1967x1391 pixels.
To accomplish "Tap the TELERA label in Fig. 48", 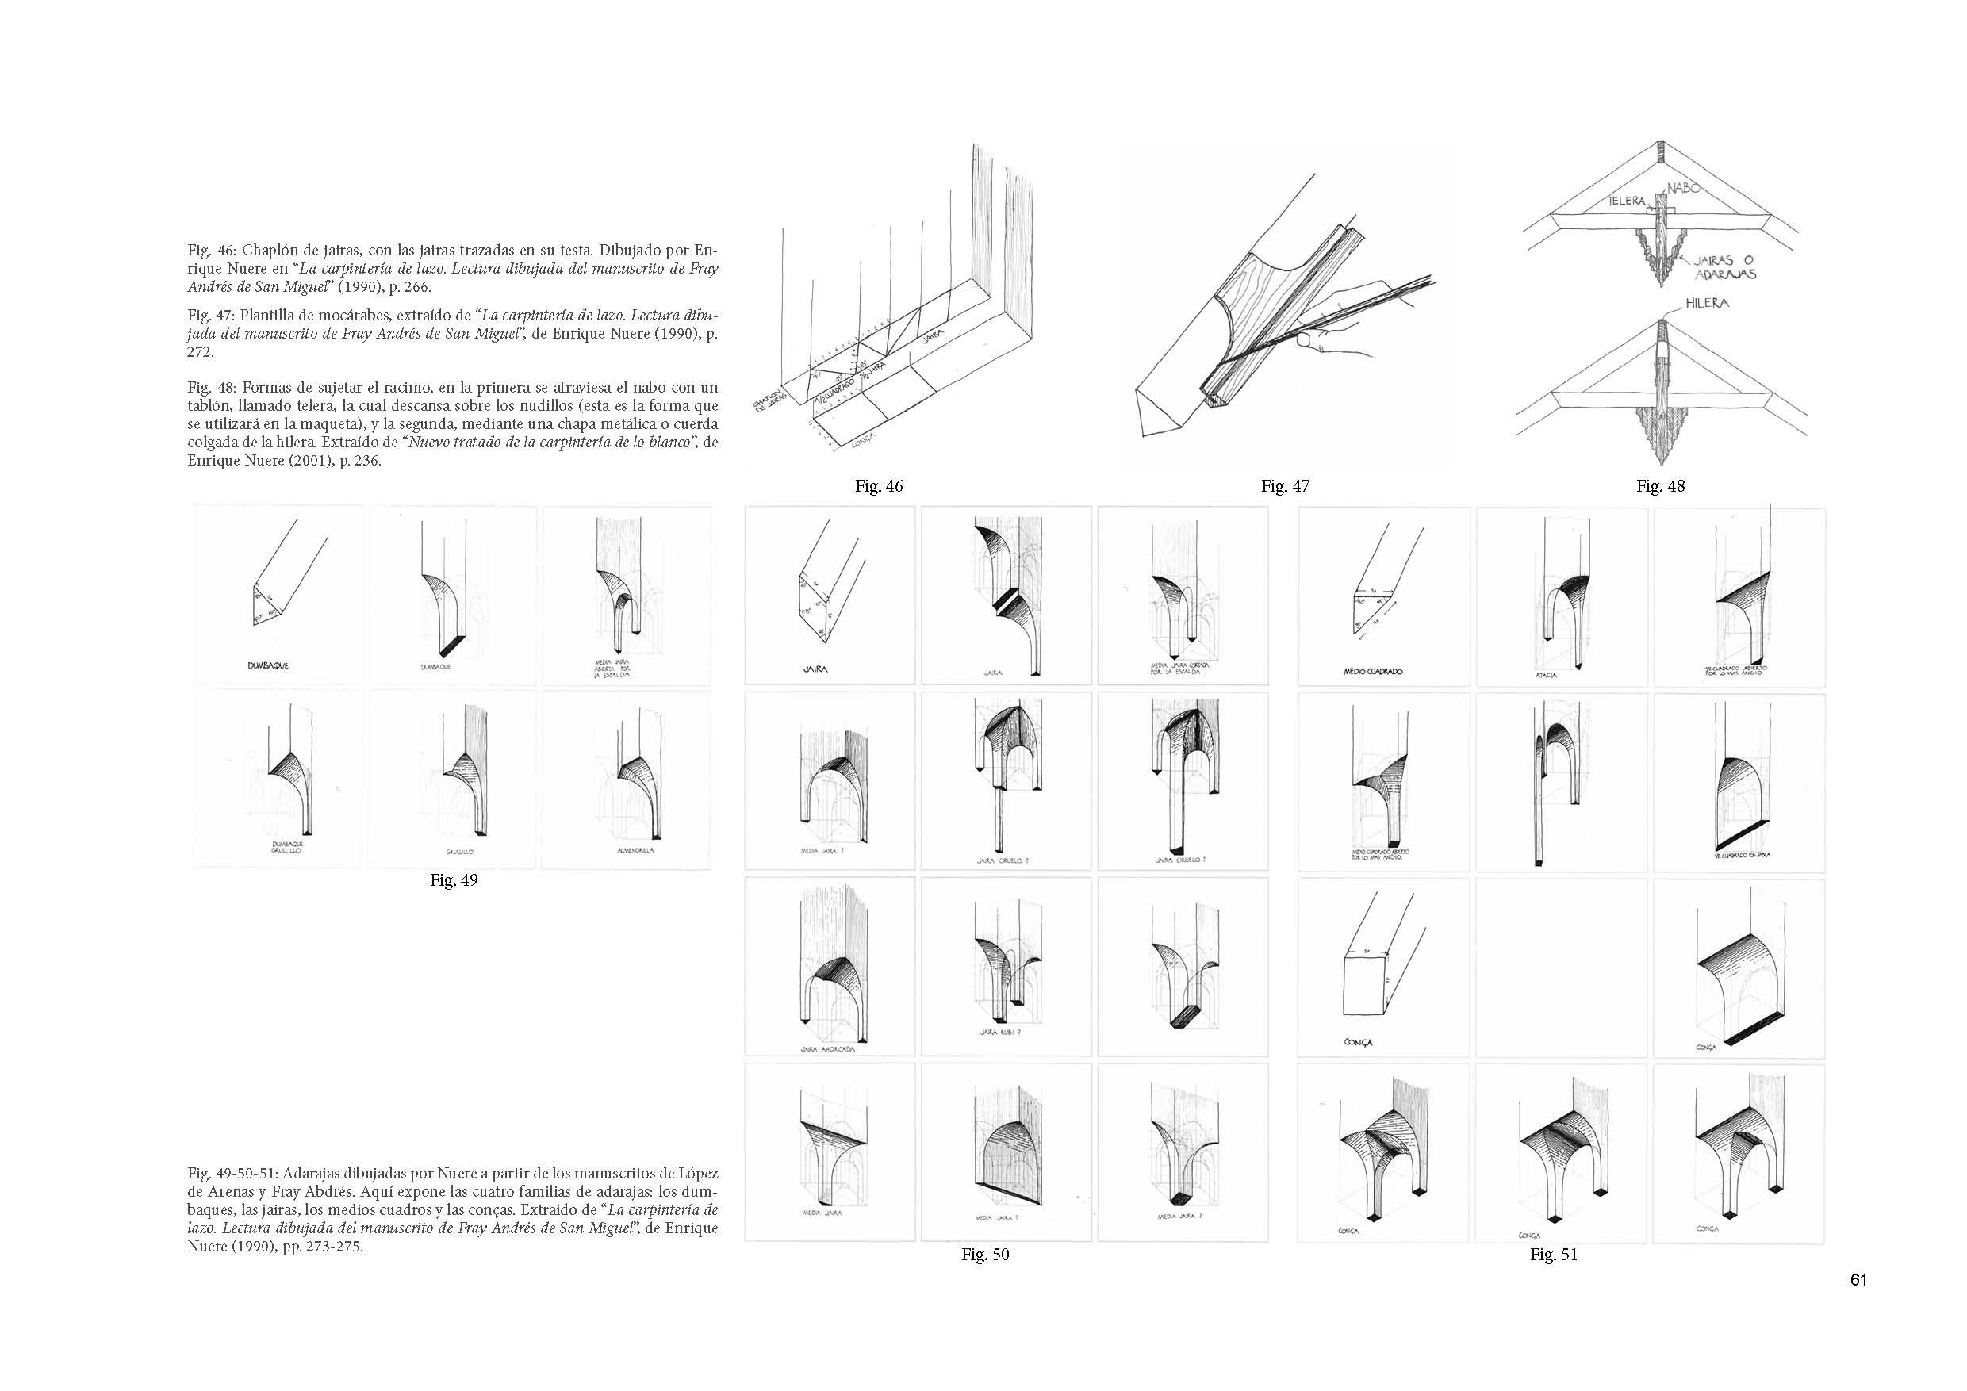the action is click(x=1626, y=201).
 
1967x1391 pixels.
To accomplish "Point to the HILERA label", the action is click(x=1708, y=303).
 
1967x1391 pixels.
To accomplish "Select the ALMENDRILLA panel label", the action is click(x=635, y=850).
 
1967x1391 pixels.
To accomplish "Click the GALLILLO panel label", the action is click(x=459, y=853).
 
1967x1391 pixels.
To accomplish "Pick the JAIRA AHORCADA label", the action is click(x=827, y=1048).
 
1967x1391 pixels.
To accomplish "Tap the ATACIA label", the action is click(x=1547, y=675).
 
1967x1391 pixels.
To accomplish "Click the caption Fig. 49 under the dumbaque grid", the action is click(x=453, y=879).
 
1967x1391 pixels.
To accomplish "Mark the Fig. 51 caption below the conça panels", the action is click(x=1553, y=1254).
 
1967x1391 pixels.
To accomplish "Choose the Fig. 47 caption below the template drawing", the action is click(x=1285, y=485).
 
